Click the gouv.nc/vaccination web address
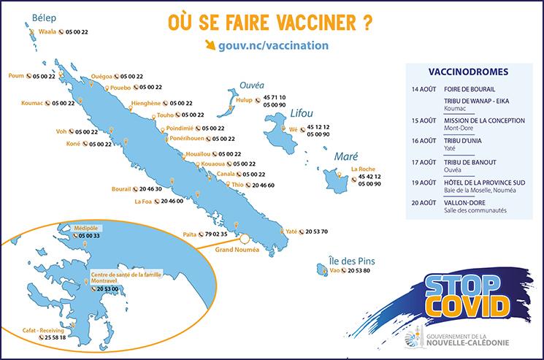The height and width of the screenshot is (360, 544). click(x=272, y=45)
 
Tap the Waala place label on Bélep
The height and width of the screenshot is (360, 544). click(x=47, y=32)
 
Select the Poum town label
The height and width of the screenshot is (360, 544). click(x=16, y=75)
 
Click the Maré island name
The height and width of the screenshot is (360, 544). click(x=345, y=157)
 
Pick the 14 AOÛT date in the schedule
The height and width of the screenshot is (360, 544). click(x=421, y=89)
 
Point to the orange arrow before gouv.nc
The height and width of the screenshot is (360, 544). click(x=211, y=45)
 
